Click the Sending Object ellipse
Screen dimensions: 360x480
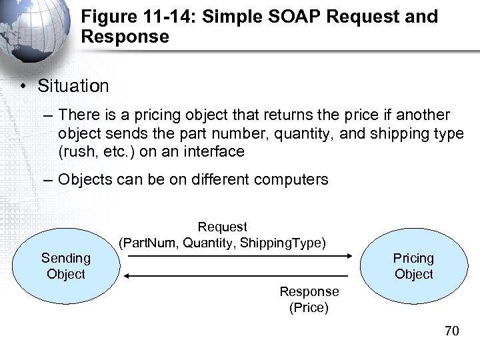point(66,266)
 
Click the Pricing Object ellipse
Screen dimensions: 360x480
point(413,266)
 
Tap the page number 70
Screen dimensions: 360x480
point(452,331)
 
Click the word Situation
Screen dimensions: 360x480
point(73,86)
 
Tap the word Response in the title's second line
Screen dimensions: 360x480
point(125,37)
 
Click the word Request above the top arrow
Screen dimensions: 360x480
point(223,227)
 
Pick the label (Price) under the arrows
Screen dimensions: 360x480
point(309,308)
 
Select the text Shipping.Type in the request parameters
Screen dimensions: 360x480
point(283,243)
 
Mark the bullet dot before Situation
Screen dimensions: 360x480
point(23,87)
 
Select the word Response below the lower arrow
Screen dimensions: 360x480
point(309,292)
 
